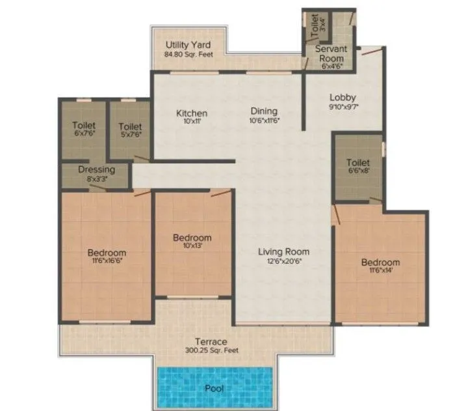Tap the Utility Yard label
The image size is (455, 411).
tap(187, 45)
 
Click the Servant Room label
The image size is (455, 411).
tap(331, 54)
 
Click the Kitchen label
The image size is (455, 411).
tap(192, 113)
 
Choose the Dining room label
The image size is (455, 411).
tap(263, 111)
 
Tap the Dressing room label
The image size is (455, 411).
tap(96, 170)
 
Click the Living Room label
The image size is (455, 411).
tap(283, 251)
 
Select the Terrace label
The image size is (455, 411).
tap(212, 341)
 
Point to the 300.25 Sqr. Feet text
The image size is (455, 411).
tap(212, 350)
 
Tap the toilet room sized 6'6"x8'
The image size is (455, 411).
tap(358, 167)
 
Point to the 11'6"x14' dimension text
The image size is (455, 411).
tap(380, 272)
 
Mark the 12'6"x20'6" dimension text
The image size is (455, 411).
tap(283, 261)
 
